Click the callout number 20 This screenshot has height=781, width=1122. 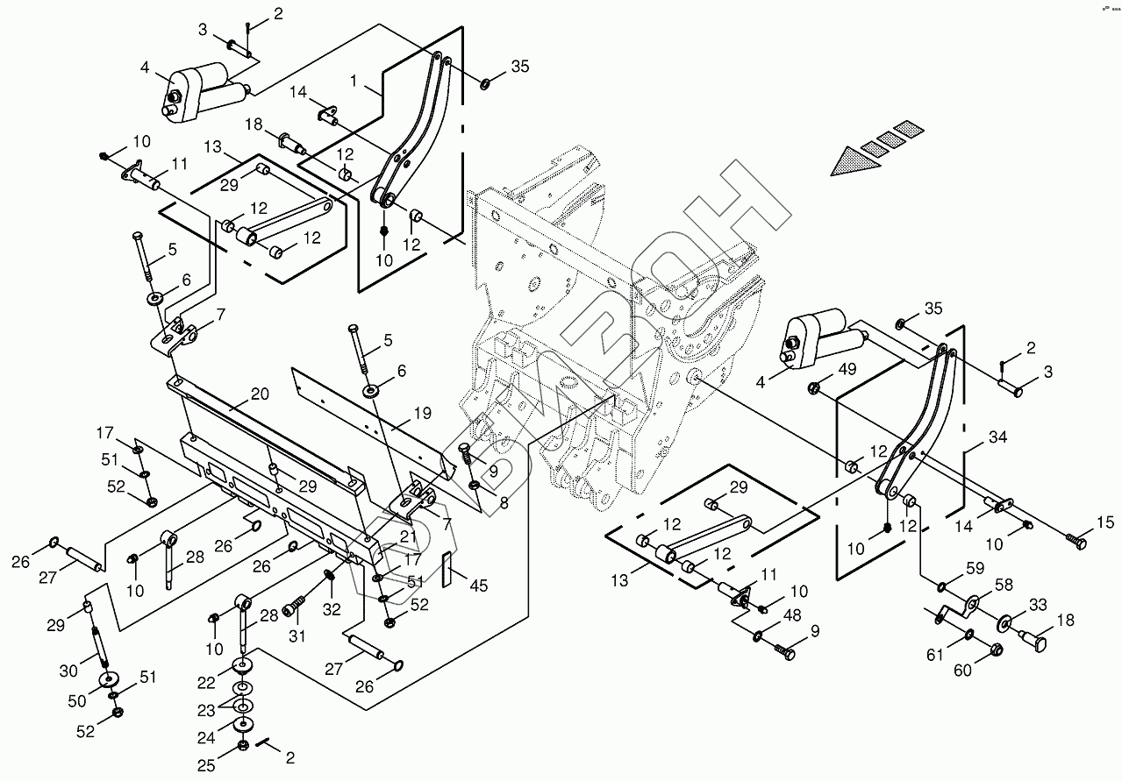point(260,394)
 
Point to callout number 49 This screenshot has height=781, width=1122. point(848,369)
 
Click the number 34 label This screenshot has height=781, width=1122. point(998,437)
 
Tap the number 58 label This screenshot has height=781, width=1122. point(1004,585)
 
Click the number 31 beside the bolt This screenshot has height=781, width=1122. point(298,636)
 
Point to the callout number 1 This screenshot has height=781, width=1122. point(354,80)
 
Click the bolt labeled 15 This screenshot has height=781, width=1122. point(1076,543)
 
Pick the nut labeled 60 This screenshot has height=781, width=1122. point(996,650)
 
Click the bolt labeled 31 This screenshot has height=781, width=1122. point(297,603)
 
